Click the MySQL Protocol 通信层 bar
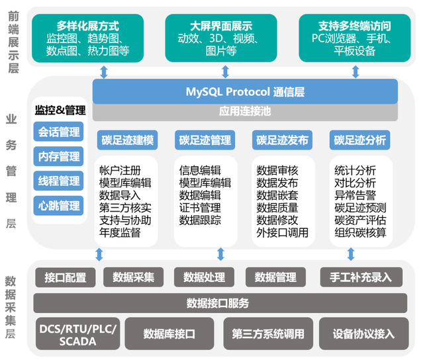coord(245,91)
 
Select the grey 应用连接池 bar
coord(245,112)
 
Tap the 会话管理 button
coord(58,132)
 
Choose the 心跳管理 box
coord(58,206)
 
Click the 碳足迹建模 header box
coord(127,140)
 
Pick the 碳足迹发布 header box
coord(282,140)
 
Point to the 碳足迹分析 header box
coord(360,140)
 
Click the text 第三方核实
coord(125,208)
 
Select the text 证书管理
coord(200,208)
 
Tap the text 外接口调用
coord(282,232)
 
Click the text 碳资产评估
coord(360,220)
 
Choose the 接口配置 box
coord(66,277)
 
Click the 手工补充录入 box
coord(361,277)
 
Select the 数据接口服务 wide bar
coord(220,303)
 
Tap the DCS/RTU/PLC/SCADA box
coord(77,334)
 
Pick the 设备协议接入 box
coord(363,334)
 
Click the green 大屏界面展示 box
coord(221,38)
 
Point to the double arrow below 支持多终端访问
coord(355,72)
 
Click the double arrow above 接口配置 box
coord(99,254)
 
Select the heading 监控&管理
coord(60,110)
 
